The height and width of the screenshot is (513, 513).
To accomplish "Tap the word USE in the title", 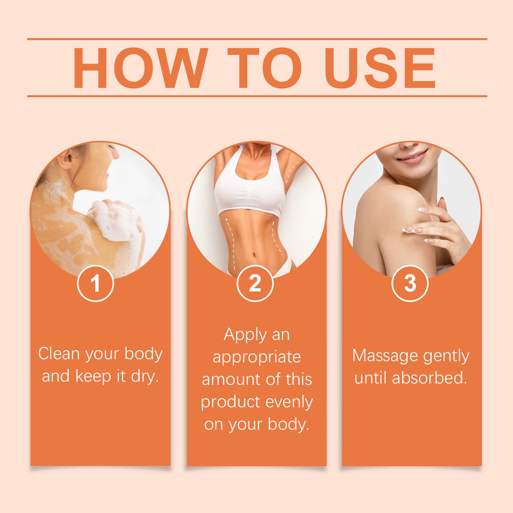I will pos(381,68).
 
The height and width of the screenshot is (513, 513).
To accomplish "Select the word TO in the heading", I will pos(265,68).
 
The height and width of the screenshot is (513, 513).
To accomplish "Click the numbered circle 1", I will pos(96,283).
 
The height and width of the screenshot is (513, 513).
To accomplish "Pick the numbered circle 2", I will pos(255,283).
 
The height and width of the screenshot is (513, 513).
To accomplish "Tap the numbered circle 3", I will pos(410,283).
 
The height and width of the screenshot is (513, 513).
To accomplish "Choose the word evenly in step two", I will pos(290,402).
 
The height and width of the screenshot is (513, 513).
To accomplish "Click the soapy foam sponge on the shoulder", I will pos(115,221).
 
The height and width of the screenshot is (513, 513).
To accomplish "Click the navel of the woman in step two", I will pos(254,256).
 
